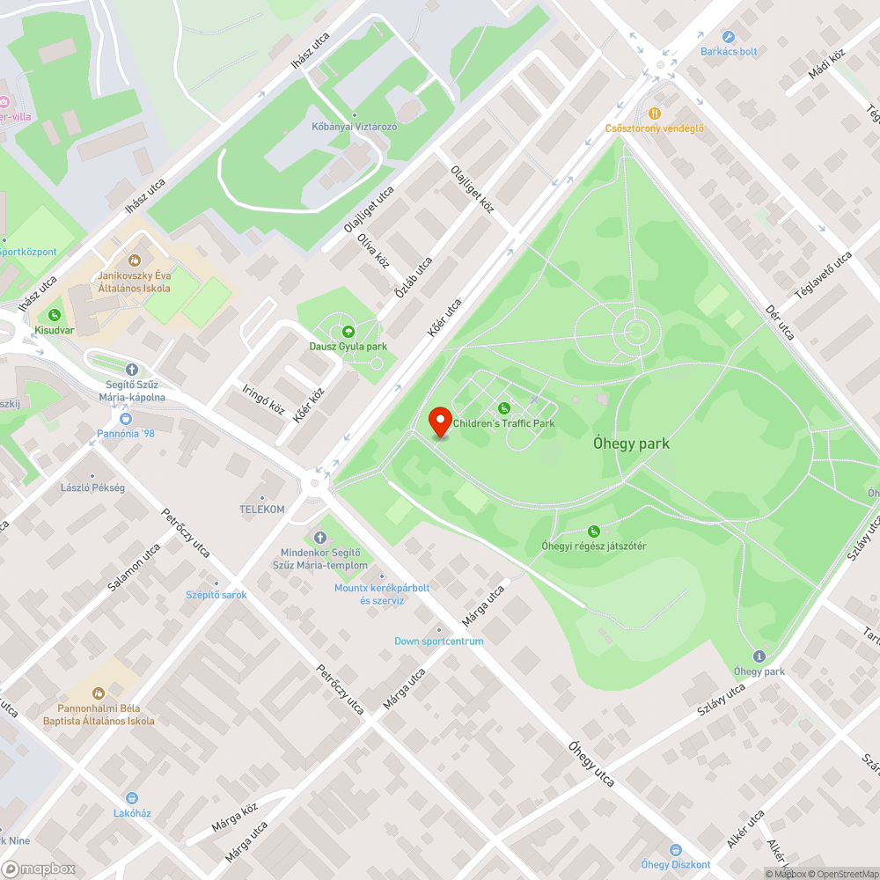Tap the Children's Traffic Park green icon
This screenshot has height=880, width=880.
pos(504,408)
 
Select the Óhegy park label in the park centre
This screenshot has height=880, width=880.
pos(631,444)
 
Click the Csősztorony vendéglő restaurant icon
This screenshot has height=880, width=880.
pos(655,114)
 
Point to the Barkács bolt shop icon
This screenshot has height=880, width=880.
pos(729,37)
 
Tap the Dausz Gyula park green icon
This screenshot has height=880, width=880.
pos(348,332)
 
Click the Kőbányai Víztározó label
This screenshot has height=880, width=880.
pos(355,127)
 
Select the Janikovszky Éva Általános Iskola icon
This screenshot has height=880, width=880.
pos(135,260)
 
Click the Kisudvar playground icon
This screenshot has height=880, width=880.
pos(55,315)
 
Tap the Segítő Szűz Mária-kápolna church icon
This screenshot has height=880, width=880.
pos(132,370)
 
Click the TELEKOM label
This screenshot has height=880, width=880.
pos(262,510)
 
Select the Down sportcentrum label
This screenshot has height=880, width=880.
pos(438,641)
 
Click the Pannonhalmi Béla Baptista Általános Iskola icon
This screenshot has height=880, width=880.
pos(99,693)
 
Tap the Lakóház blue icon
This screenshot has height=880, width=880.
pos(132,798)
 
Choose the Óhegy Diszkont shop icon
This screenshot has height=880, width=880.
pos(676,850)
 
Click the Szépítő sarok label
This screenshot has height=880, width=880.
pos(216,595)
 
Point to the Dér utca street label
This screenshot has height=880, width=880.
pos(780,323)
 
